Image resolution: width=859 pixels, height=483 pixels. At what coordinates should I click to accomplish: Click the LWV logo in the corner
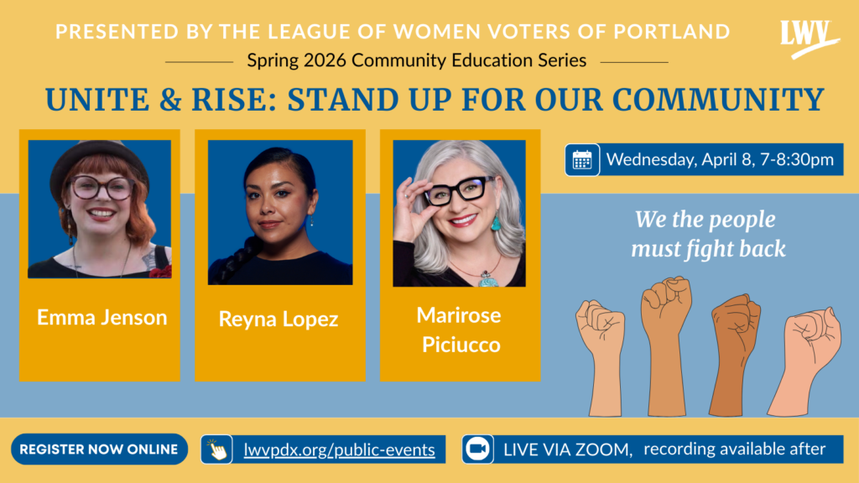809,39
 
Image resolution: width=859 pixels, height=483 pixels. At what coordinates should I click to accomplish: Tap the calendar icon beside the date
582,160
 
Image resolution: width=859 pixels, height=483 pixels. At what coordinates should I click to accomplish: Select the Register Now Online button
99,449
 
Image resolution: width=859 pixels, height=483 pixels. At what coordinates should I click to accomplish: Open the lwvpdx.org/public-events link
339,449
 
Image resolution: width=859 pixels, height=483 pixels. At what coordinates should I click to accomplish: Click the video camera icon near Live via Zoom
477,449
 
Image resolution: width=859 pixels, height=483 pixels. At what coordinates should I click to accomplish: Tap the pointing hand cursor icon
217,449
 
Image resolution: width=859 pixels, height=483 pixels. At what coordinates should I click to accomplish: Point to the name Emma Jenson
102,317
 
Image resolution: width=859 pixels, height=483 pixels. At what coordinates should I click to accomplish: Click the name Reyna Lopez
279,319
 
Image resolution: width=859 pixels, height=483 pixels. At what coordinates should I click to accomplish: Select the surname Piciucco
461,345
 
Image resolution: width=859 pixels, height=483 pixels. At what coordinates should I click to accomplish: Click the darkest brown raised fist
734,354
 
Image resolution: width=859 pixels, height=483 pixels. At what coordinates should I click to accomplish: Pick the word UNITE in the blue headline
97,100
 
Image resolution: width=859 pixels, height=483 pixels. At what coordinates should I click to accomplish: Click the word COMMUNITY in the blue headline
718,100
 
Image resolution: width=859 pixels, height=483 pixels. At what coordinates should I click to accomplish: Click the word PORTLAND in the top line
672,31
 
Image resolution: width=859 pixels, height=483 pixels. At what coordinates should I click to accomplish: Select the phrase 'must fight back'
708,248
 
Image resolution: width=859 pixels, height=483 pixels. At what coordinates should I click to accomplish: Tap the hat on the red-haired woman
99,164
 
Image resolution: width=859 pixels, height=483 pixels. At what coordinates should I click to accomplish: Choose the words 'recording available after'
734,449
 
